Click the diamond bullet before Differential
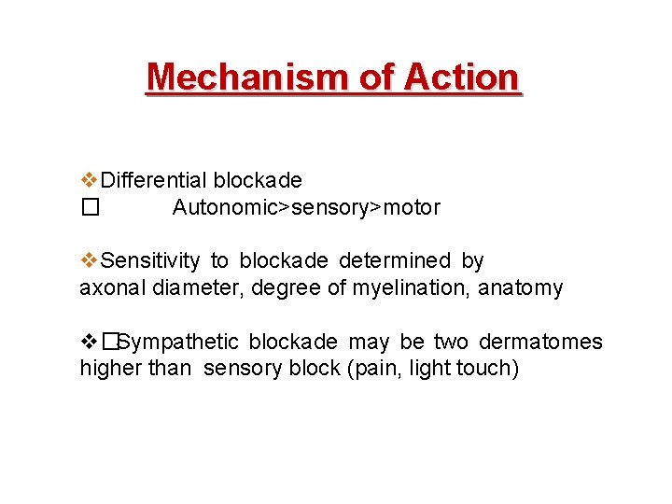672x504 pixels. [x=89, y=179]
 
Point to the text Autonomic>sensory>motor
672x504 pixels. [x=306, y=207]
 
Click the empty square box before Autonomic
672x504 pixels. [x=89, y=207]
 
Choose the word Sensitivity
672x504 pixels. [x=150, y=260]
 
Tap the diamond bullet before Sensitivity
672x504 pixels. [x=89, y=260]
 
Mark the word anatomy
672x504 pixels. [x=521, y=287]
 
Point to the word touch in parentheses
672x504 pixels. [x=486, y=368]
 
